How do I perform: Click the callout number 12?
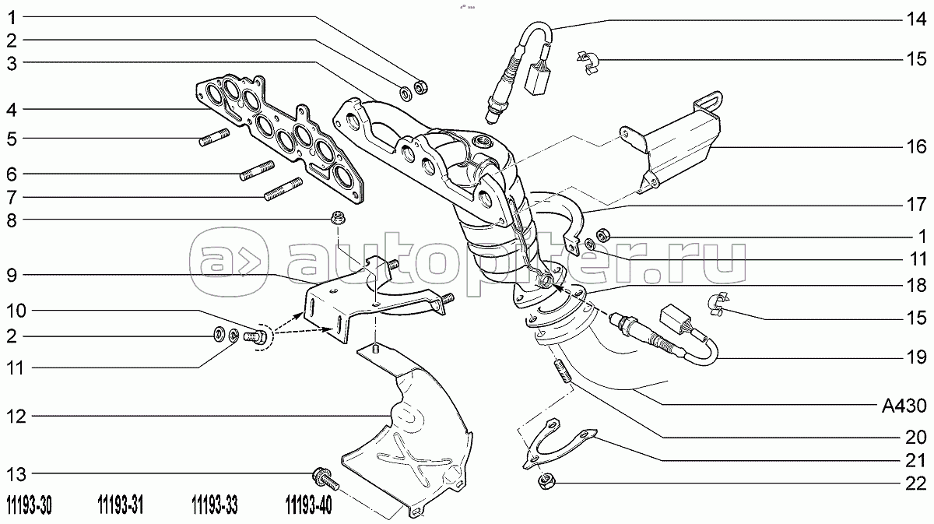(x=17, y=417)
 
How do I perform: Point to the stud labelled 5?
(x=213, y=141)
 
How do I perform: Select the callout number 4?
(x=17, y=108)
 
